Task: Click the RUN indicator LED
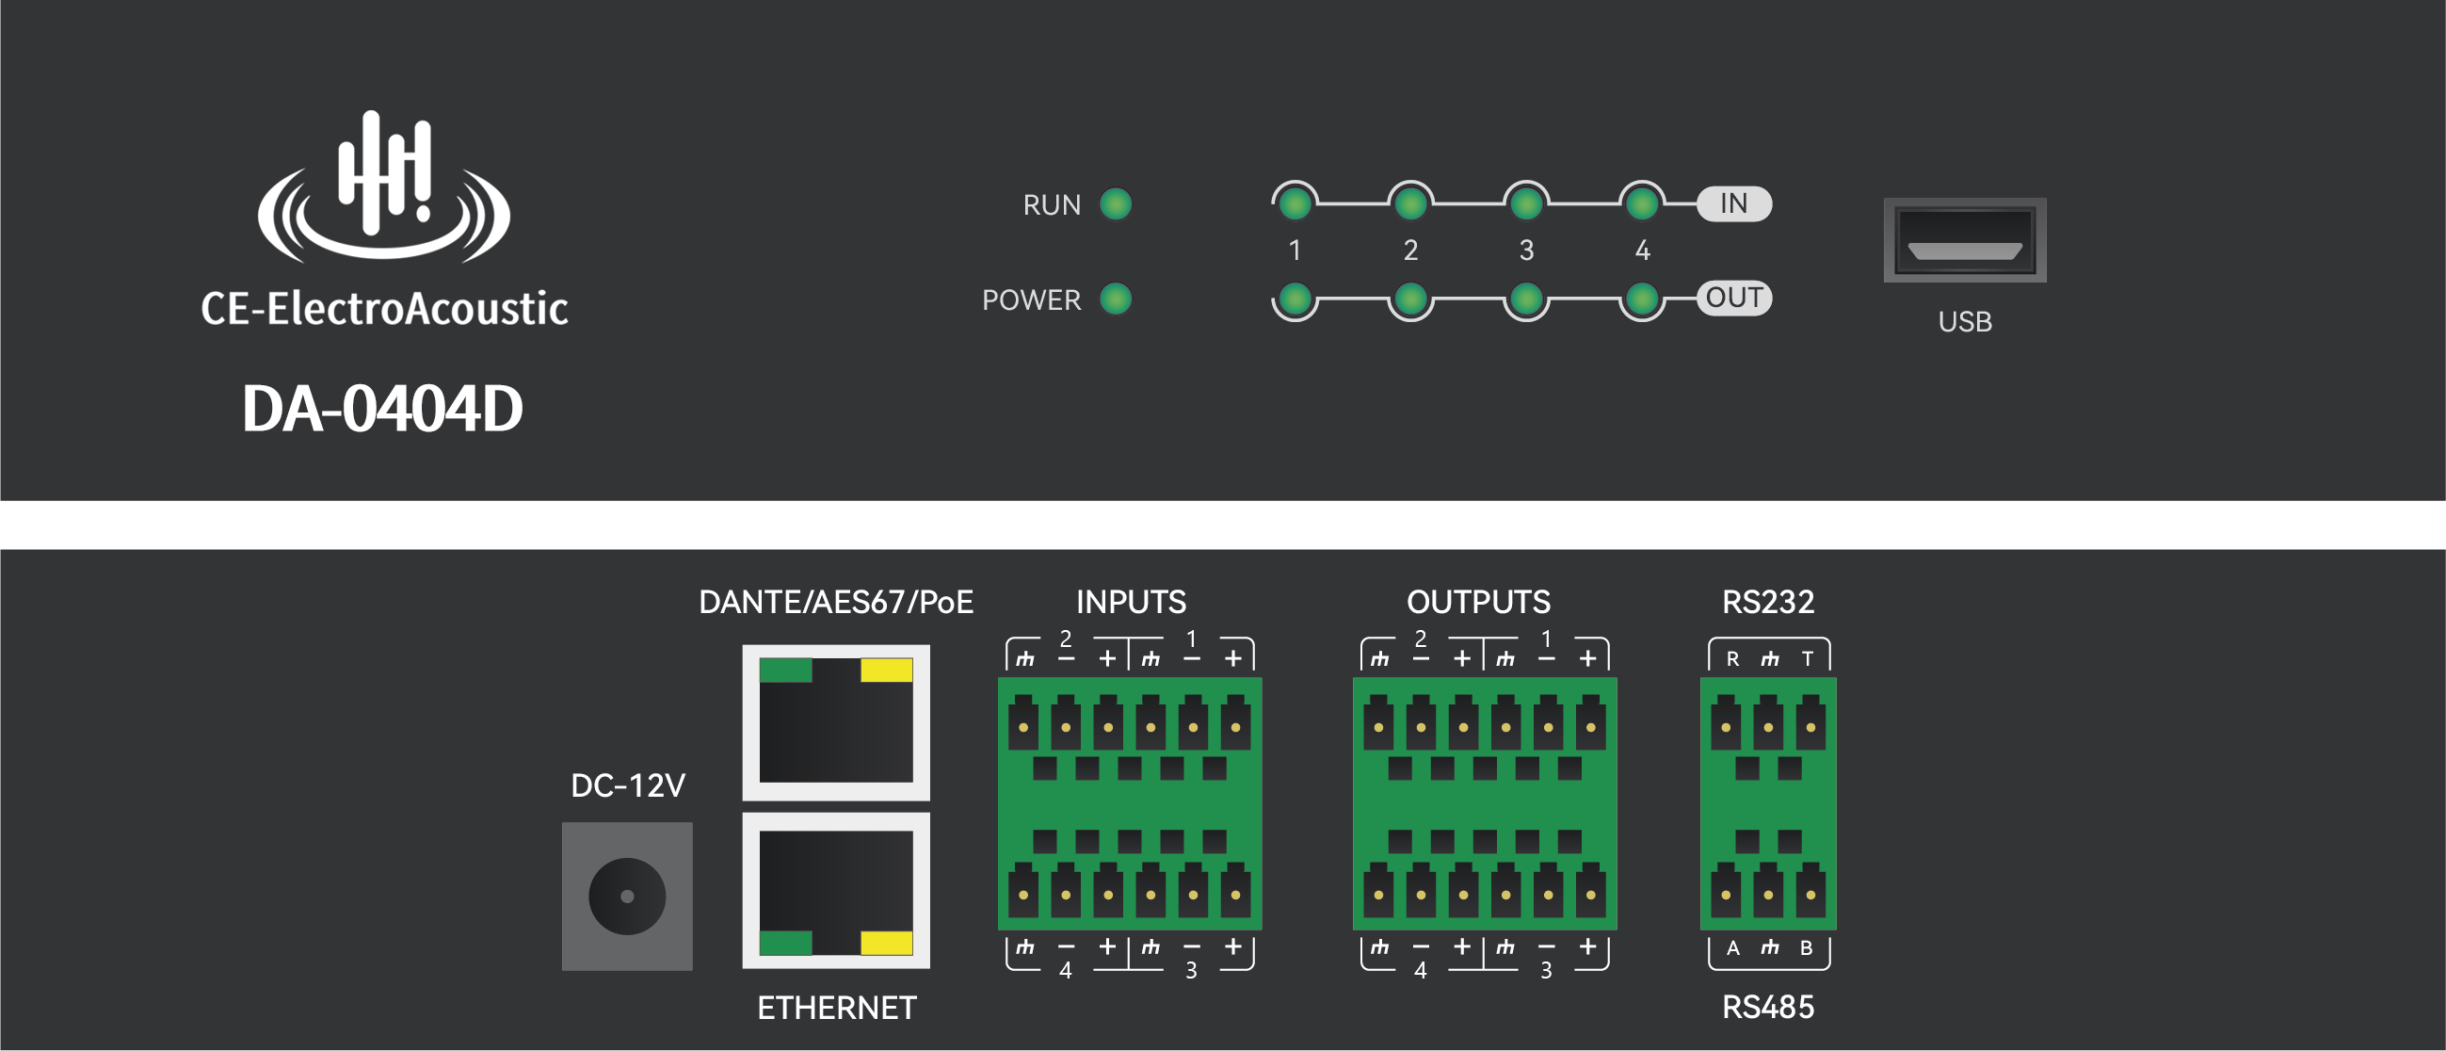point(1116,204)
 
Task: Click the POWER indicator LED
point(1116,299)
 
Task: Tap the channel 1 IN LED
point(1295,203)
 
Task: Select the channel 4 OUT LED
point(1642,300)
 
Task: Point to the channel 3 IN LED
point(1526,203)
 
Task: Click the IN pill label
point(1734,203)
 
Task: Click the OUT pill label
point(1734,299)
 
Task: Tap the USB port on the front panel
point(1965,240)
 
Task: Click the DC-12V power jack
point(627,897)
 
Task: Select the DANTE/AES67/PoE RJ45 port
point(836,722)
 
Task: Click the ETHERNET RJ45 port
point(836,891)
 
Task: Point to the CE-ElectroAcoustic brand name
point(383,310)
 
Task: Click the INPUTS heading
point(1130,602)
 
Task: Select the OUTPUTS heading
point(1477,602)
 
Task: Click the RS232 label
point(1767,602)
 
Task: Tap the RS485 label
point(1767,1007)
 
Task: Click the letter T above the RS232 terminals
point(1807,659)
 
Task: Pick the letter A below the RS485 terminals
point(1733,947)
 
